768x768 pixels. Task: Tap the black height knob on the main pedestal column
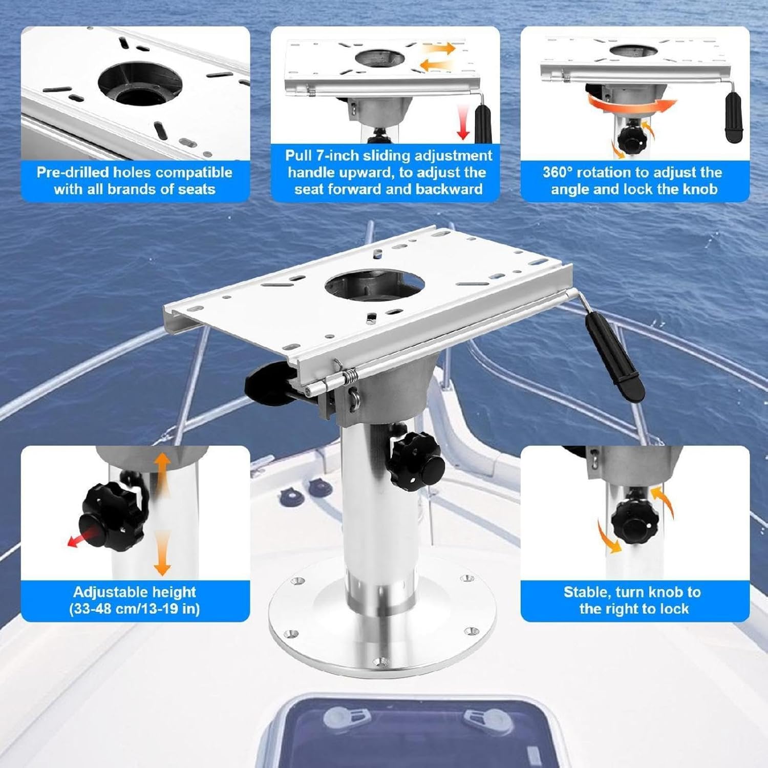[414, 460]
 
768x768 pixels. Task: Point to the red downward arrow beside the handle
[463, 121]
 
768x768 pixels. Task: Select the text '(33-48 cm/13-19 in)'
[135, 609]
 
